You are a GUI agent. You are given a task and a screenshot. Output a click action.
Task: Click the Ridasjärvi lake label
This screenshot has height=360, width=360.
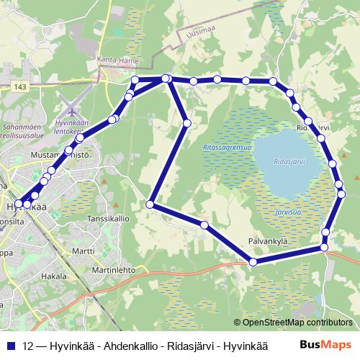[x=289, y=163]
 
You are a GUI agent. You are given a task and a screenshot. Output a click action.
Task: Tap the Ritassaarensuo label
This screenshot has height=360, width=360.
[x=228, y=148]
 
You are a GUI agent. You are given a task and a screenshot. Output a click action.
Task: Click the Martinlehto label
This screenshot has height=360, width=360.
[x=114, y=270]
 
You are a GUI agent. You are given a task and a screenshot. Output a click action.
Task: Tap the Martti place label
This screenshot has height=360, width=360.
[x=84, y=251]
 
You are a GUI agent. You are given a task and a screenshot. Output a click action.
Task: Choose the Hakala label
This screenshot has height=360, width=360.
[x=54, y=276]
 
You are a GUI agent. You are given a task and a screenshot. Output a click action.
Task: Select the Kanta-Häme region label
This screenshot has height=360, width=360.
[x=120, y=60]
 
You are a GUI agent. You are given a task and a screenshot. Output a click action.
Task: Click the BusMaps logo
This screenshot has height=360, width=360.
[x=324, y=344]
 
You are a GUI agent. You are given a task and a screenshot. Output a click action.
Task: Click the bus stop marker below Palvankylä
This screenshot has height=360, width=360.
[x=253, y=262]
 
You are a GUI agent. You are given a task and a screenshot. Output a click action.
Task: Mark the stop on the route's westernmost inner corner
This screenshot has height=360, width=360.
[x=150, y=204]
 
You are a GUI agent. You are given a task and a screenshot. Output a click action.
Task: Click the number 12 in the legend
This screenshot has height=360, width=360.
[x=28, y=345]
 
